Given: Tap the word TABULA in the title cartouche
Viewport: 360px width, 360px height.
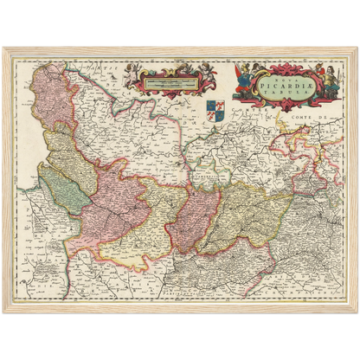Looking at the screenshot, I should point(273,88).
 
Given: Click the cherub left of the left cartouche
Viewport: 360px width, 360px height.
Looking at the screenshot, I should point(130,73).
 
